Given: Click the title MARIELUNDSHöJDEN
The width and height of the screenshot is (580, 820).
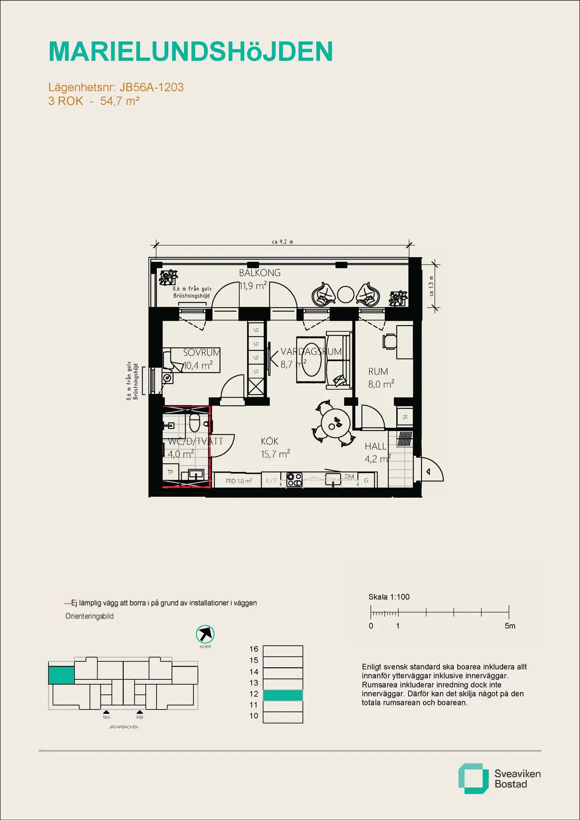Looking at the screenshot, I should pyautogui.click(x=190, y=52).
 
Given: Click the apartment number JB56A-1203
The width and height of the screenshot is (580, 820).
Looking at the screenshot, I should pyautogui.click(x=151, y=87).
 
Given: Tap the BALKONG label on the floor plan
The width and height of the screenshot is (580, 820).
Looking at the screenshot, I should pyautogui.click(x=260, y=273).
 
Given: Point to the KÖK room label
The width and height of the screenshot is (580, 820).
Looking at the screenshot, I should pyautogui.click(x=269, y=442).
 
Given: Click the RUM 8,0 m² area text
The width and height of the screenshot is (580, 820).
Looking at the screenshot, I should pyautogui.click(x=381, y=384).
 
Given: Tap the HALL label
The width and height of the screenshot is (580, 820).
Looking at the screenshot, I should pyautogui.click(x=376, y=446).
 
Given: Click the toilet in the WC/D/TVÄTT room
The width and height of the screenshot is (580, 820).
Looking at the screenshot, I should pyautogui.click(x=194, y=422).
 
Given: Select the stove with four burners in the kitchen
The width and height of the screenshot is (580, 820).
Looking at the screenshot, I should pyautogui.click(x=294, y=479).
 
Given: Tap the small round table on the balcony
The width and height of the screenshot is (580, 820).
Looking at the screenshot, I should pyautogui.click(x=346, y=294).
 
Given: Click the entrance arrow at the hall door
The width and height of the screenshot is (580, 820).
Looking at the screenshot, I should pyautogui.click(x=428, y=472).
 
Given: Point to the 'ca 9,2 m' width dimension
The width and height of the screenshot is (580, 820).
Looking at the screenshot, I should pyautogui.click(x=282, y=242).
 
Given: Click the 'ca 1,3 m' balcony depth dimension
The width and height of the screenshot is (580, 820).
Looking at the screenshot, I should pyautogui.click(x=432, y=286).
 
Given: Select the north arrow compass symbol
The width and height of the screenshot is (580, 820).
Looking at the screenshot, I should pyautogui.click(x=205, y=634).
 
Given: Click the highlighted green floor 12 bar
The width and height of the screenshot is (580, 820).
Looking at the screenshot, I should pyautogui.click(x=283, y=695).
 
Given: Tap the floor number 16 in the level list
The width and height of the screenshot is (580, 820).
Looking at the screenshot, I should pyautogui.click(x=254, y=649).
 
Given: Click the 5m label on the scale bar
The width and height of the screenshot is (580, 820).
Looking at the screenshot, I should pyautogui.click(x=510, y=626).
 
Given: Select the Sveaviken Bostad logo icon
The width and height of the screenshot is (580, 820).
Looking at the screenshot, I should pyautogui.click(x=473, y=778).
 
